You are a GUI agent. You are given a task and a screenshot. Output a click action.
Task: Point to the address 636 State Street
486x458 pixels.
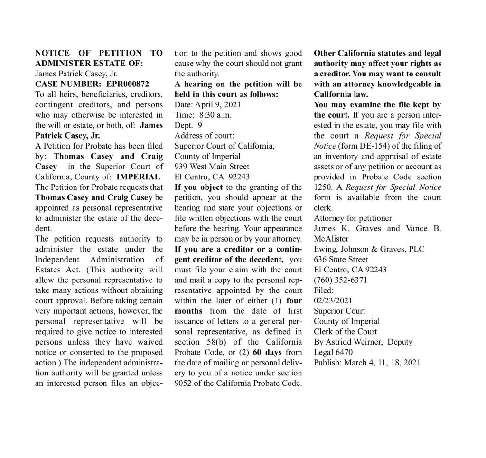pyautogui.click(x=341, y=259)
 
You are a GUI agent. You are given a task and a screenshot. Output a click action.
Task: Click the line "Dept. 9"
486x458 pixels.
pyautogui.click(x=188, y=125)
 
